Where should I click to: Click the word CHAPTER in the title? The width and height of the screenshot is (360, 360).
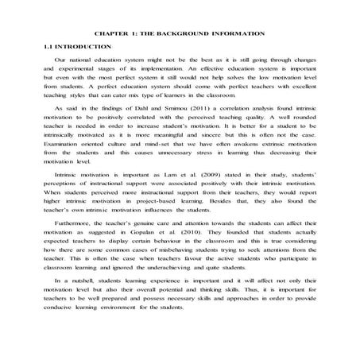pyautogui.click(x=112, y=35)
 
